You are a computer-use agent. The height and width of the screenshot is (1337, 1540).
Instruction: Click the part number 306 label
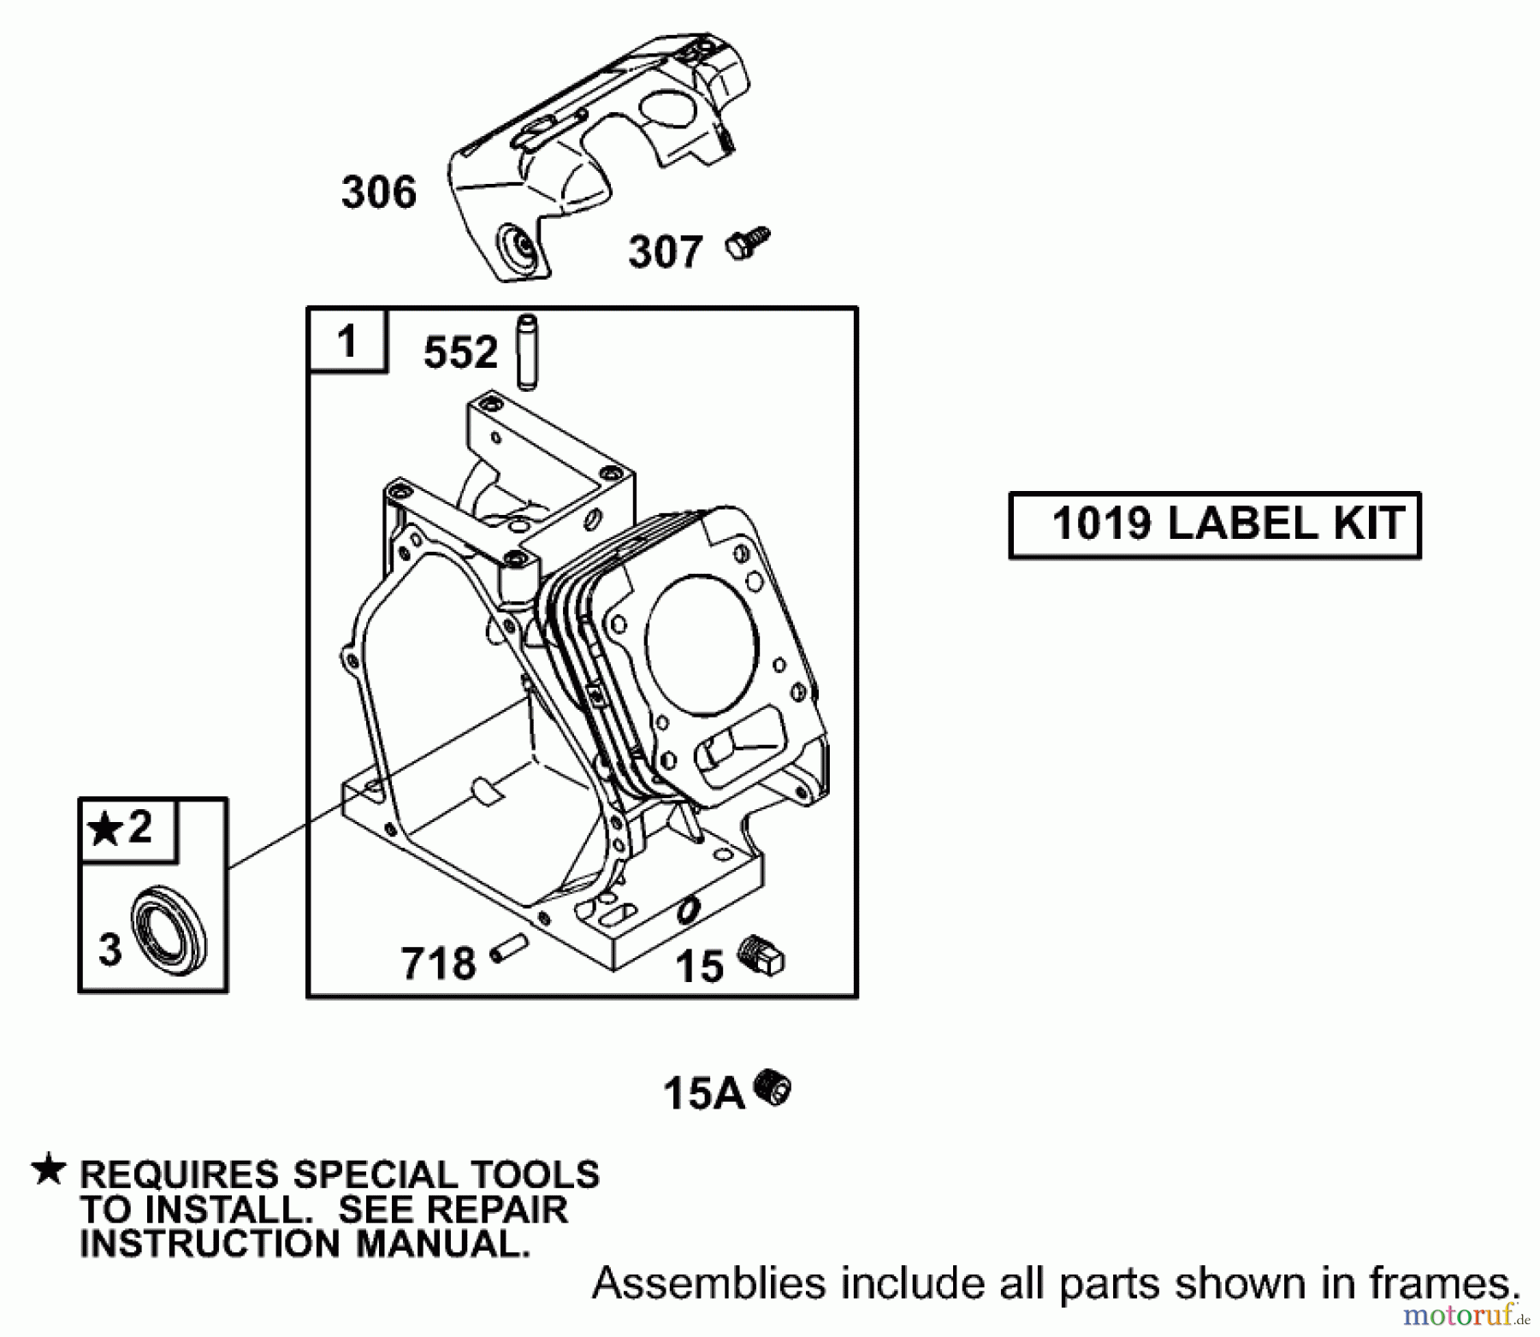(x=379, y=192)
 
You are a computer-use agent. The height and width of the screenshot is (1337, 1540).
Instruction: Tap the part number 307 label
(x=666, y=252)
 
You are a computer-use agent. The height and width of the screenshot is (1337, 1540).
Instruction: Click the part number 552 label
(x=460, y=352)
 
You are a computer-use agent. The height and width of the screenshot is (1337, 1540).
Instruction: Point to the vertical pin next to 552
(x=527, y=352)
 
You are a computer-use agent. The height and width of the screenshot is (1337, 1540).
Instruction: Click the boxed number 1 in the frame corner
(x=347, y=341)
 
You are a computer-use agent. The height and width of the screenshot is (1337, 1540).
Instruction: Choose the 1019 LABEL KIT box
(x=1215, y=525)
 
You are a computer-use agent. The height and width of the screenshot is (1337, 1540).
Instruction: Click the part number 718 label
(x=438, y=963)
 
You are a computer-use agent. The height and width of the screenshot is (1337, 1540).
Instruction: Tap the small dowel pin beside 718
(x=509, y=950)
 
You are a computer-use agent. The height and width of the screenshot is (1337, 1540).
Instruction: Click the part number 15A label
(x=704, y=1093)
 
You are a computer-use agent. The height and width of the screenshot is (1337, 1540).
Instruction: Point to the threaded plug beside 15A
(x=773, y=1088)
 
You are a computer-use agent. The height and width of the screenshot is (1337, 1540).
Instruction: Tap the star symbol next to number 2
(x=105, y=829)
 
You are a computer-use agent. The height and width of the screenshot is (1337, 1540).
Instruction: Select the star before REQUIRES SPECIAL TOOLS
(x=48, y=1169)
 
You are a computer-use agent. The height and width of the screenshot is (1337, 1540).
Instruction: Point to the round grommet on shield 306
(x=520, y=246)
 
